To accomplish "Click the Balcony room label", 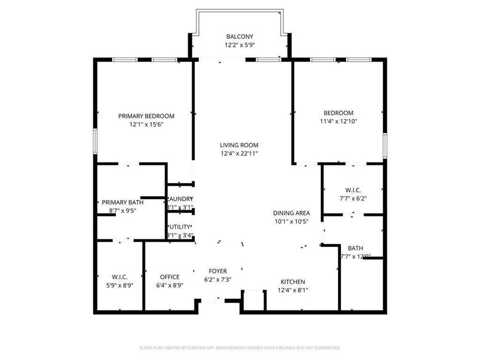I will [x=240, y=37].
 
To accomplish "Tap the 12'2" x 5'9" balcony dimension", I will [x=240, y=45].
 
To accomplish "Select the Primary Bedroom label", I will [x=146, y=116].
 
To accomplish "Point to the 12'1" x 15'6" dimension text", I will [x=146, y=125].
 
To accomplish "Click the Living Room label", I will [x=239, y=145].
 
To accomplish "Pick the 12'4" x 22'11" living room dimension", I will [x=239, y=153].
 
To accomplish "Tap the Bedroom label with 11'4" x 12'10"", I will [x=338, y=113].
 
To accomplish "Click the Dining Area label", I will [x=291, y=213].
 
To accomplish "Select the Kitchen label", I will [x=293, y=282].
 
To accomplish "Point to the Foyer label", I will [x=217, y=271].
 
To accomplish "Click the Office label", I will [x=170, y=277].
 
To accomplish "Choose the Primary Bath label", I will [x=123, y=202].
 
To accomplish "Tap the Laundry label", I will [x=180, y=199].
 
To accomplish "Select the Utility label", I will [x=180, y=227].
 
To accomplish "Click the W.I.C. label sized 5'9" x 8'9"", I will [x=120, y=277].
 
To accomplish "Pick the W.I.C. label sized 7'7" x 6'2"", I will [x=353, y=190].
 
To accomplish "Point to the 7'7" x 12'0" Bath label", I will [x=355, y=248].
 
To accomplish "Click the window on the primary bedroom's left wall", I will [x=95, y=141].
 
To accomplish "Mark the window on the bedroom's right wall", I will [x=384, y=145].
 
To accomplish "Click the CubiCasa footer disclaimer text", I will [x=240, y=348].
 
